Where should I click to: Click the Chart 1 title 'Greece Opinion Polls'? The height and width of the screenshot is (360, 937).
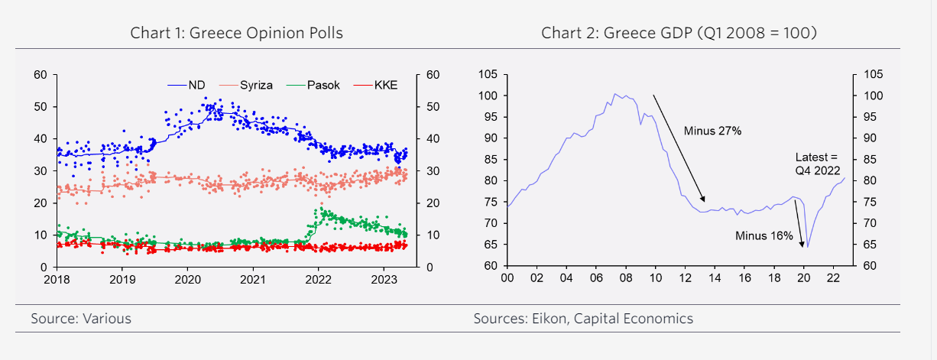236,33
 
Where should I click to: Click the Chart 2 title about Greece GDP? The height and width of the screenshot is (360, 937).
679,33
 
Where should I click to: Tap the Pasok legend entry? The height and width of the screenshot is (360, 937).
323,86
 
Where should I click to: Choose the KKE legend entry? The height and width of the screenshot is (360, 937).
385,86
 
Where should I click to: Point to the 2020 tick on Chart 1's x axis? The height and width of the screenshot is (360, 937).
188,280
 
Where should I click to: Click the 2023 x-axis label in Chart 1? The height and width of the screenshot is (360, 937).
384,280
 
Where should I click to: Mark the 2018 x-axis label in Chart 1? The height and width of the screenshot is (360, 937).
57,280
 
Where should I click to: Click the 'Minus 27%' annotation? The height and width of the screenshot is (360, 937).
712,131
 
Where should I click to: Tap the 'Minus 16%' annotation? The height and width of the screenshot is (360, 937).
764,235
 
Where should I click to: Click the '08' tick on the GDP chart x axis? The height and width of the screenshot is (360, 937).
625,279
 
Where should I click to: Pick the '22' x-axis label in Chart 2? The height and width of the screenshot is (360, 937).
832,279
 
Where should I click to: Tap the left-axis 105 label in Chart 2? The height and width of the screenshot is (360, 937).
488,74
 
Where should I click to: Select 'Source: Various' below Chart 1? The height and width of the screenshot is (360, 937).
81,319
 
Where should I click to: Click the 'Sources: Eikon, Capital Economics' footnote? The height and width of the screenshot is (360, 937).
583,319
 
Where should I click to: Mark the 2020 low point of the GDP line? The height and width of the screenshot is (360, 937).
807,247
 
